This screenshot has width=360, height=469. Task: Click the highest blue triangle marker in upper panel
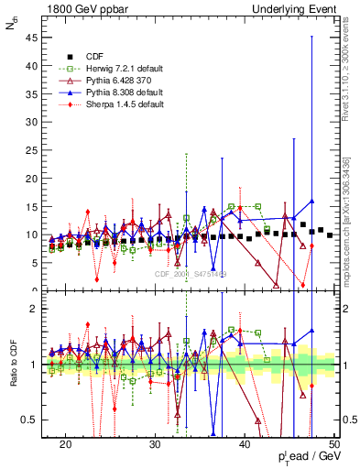312,202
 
